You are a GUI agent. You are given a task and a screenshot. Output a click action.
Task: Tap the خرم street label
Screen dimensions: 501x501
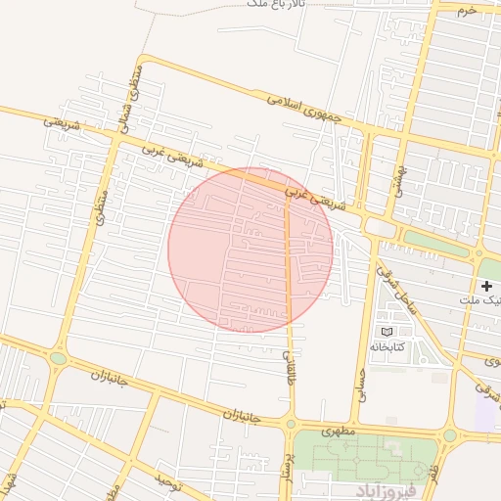click(x=467, y=10)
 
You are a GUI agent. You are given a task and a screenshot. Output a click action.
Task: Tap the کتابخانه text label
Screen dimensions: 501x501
click(x=392, y=346)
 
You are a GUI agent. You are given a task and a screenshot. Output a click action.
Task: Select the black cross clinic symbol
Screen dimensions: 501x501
click(x=487, y=285)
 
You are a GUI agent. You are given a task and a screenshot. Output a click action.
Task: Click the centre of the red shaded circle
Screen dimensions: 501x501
click(x=250, y=250)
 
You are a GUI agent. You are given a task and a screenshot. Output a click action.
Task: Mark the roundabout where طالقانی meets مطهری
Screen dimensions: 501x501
click(x=291, y=424)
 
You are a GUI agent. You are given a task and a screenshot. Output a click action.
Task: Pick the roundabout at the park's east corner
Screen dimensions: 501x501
click(x=449, y=434)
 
